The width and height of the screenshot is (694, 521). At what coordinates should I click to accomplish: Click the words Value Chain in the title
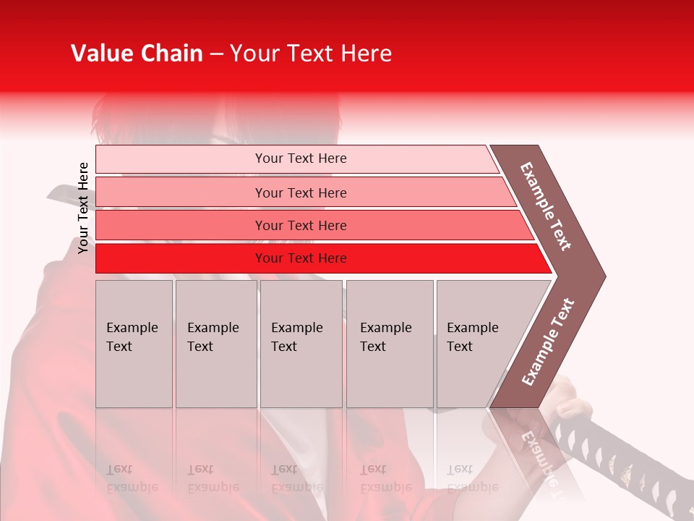[137, 54]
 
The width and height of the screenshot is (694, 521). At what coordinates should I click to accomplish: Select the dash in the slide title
[216, 54]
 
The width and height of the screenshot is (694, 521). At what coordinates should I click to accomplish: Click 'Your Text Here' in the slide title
[311, 54]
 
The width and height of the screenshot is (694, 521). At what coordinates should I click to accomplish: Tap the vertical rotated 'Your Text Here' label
[84, 208]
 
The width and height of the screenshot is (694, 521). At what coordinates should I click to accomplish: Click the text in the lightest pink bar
[301, 158]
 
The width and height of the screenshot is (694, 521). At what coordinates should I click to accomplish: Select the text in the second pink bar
[301, 193]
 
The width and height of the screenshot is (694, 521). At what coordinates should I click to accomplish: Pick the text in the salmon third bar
[301, 226]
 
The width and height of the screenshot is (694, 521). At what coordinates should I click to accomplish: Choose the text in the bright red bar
[301, 258]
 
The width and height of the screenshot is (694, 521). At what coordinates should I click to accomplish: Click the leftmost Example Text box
[134, 343]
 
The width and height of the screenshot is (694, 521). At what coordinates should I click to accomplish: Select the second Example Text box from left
[216, 343]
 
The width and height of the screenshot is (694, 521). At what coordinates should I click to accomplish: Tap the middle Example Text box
[301, 343]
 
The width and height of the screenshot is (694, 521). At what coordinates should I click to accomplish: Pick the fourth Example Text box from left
[390, 343]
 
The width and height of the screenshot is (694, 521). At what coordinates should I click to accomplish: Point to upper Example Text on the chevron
[546, 206]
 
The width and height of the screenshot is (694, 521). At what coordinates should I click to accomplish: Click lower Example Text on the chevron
[548, 342]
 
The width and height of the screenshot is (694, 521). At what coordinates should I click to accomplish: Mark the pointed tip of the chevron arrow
[604, 276]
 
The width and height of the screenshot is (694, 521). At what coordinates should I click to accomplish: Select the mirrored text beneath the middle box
[296, 478]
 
